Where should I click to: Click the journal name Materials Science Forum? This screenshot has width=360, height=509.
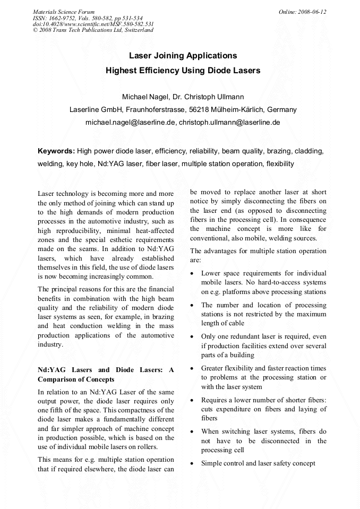[64, 11]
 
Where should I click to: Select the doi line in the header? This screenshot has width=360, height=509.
[93, 24]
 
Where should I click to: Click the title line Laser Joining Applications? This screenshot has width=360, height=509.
[183, 55]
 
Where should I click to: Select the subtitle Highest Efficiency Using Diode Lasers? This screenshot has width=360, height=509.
[183, 70]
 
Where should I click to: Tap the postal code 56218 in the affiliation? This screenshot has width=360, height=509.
[200, 110]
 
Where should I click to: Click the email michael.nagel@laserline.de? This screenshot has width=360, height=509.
[130, 123]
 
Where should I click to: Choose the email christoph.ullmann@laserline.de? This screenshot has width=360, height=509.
[229, 123]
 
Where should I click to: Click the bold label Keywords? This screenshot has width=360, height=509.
[56, 151]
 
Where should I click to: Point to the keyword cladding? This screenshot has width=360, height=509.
[308, 151]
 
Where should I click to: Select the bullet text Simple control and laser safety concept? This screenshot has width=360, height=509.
[258, 463]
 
